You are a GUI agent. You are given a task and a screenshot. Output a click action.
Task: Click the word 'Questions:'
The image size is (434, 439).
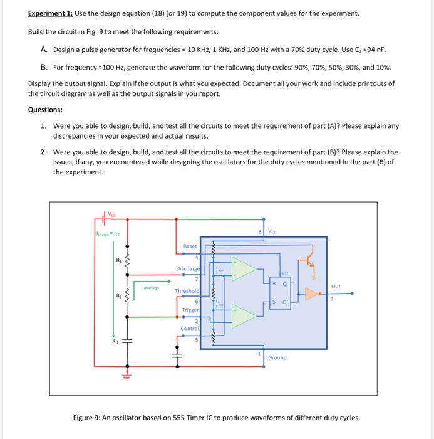pyautogui.click(x=45, y=109)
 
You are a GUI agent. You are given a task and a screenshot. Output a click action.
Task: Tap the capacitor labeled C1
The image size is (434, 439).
pyautogui.click(x=128, y=342)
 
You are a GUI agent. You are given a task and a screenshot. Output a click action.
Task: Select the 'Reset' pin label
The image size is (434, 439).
pyautogui.click(x=190, y=246)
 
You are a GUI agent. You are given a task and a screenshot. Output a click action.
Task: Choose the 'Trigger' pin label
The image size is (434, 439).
pyautogui.click(x=189, y=310)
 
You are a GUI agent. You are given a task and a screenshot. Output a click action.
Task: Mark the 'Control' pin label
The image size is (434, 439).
pyautogui.click(x=189, y=328)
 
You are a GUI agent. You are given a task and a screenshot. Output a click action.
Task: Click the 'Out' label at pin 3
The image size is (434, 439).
pyautogui.click(x=336, y=286)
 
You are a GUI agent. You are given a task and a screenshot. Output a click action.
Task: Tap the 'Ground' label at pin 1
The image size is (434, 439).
pyautogui.click(x=277, y=357)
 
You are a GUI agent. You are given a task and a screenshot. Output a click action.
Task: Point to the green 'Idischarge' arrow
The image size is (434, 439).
pyautogui.click(x=150, y=283)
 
